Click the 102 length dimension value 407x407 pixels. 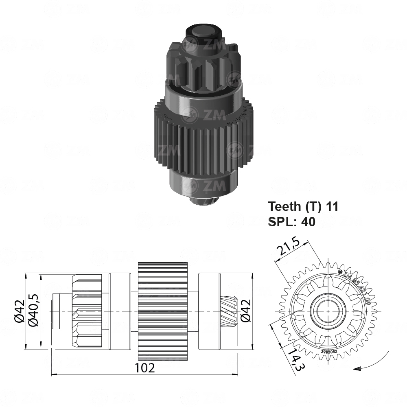[x=145, y=368]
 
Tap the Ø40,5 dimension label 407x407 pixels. [x=35, y=311]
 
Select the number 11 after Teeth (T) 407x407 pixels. [x=332, y=206]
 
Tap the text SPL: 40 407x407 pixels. [x=291, y=222]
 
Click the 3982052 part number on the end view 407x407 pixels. [x=328, y=351]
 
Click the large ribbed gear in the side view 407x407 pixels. [x=163, y=311]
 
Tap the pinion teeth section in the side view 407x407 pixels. [x=87, y=311]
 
